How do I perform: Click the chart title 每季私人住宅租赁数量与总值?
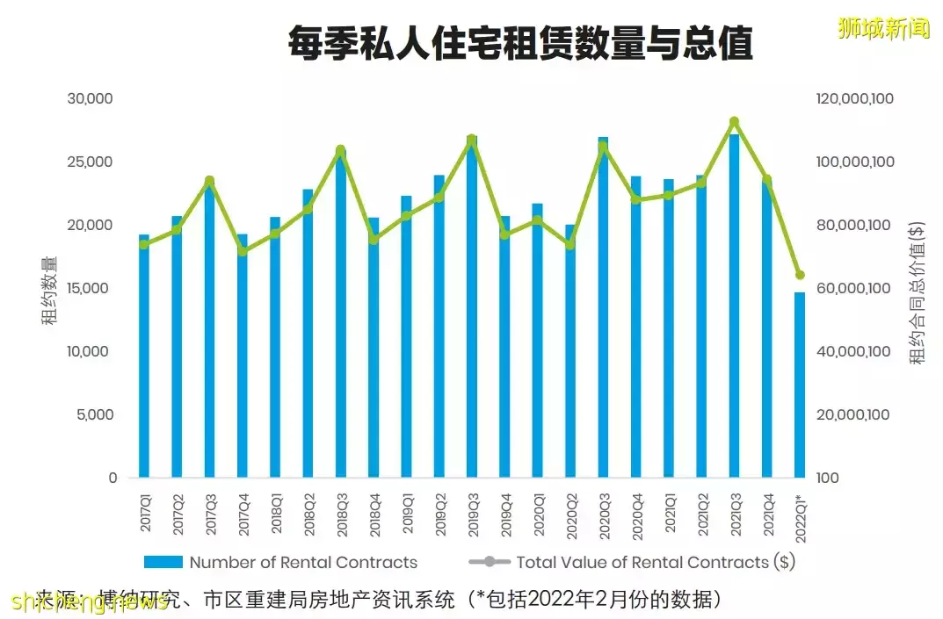pos(520,43)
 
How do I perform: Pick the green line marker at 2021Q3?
pos(735,122)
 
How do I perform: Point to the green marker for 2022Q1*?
pos(800,275)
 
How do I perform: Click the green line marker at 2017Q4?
pos(243,251)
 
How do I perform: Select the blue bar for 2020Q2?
pos(570,351)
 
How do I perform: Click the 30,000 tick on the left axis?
pos(91,98)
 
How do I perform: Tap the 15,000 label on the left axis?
pos(91,288)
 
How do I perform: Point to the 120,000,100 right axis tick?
pos(855,98)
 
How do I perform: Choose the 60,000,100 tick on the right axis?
pos(855,288)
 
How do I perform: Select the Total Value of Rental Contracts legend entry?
pos(633,562)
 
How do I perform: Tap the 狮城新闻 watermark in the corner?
pos(883,28)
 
